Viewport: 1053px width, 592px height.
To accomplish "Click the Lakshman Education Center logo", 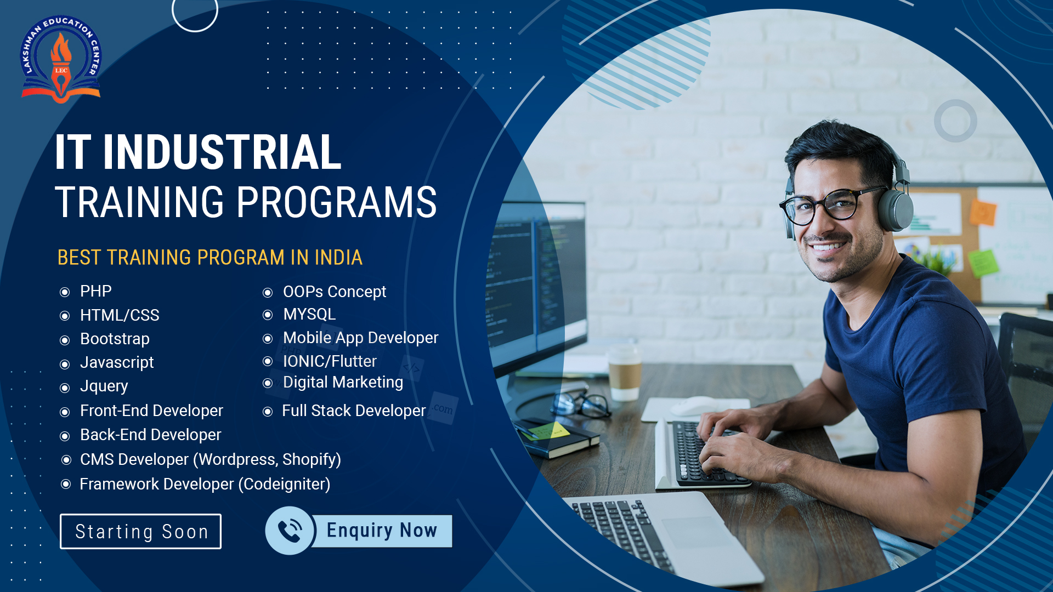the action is [61, 59].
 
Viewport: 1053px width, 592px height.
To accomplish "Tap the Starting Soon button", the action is [140, 531].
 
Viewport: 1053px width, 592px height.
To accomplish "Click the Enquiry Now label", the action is [382, 530].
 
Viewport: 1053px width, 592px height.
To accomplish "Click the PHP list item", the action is [95, 291].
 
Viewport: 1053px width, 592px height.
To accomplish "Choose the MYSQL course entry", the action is [309, 314].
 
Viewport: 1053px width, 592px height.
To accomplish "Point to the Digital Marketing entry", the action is [343, 382].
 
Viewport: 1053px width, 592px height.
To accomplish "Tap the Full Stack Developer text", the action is [354, 411].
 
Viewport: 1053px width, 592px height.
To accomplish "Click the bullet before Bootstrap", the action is [65, 340].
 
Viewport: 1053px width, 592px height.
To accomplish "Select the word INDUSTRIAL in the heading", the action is [222, 152].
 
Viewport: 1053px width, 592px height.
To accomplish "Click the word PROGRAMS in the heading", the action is [337, 202].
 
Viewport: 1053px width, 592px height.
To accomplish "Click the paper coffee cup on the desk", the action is [625, 373].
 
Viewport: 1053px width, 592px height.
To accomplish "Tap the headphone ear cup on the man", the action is [894, 210].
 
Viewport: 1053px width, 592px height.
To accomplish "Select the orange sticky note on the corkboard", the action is [983, 212].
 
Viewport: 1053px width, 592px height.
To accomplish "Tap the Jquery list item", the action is [104, 386].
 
